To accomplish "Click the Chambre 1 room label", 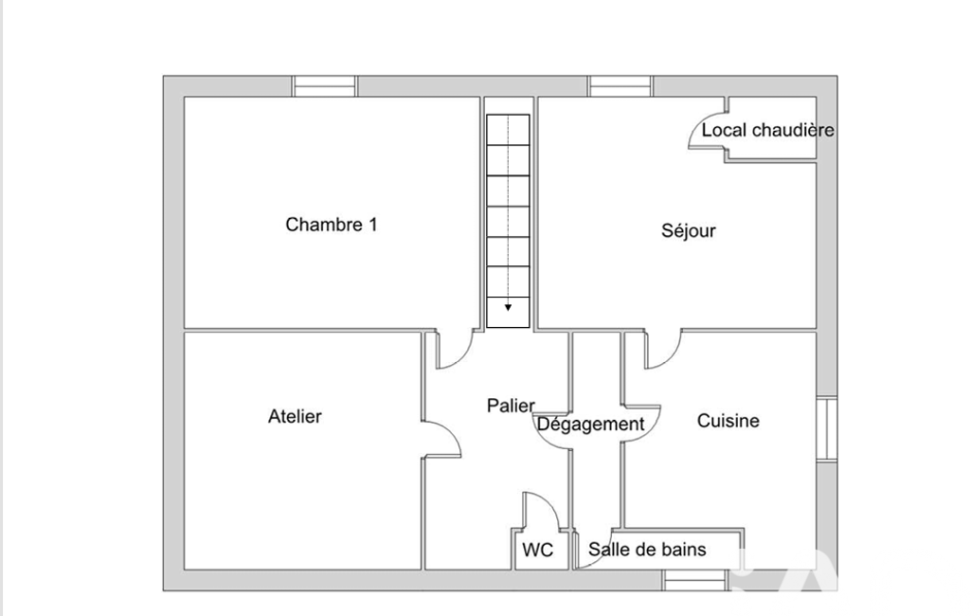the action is coord(331,225).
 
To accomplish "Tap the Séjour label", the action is coord(688,230).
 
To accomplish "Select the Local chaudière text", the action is coord(767,130).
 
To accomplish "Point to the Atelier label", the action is coord(295,416).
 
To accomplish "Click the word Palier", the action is coord(511,406).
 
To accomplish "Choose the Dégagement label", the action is coord(591,425).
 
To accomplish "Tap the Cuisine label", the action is coord(728,421).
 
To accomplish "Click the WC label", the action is coord(537,550).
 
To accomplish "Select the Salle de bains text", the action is coord(647,549).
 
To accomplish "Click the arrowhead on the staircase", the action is coord(508,307).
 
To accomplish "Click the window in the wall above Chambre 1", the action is coord(324,86).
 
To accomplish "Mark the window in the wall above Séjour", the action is coord(620,86).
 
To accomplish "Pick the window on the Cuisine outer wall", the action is coord(827,428).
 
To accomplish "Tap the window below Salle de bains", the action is coord(694,581).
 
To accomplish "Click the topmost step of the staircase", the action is coord(508,130).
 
